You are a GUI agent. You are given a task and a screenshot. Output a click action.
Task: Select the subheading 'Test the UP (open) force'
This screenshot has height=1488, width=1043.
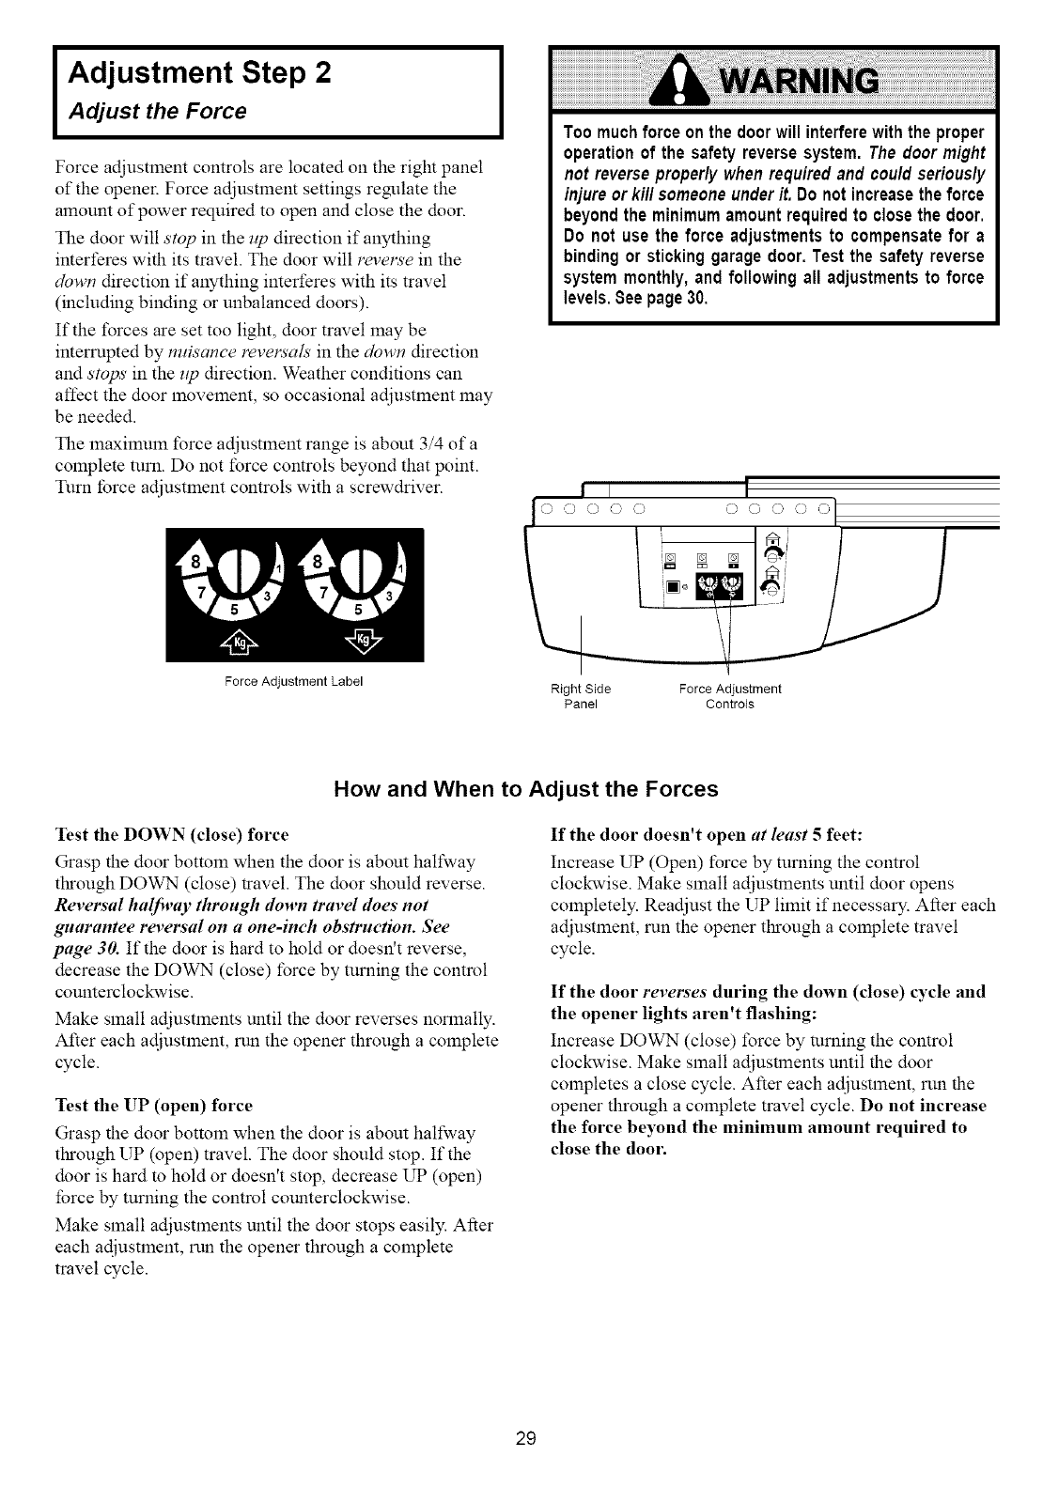155,1105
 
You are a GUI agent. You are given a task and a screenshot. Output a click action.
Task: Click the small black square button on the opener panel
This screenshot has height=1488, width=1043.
672,587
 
